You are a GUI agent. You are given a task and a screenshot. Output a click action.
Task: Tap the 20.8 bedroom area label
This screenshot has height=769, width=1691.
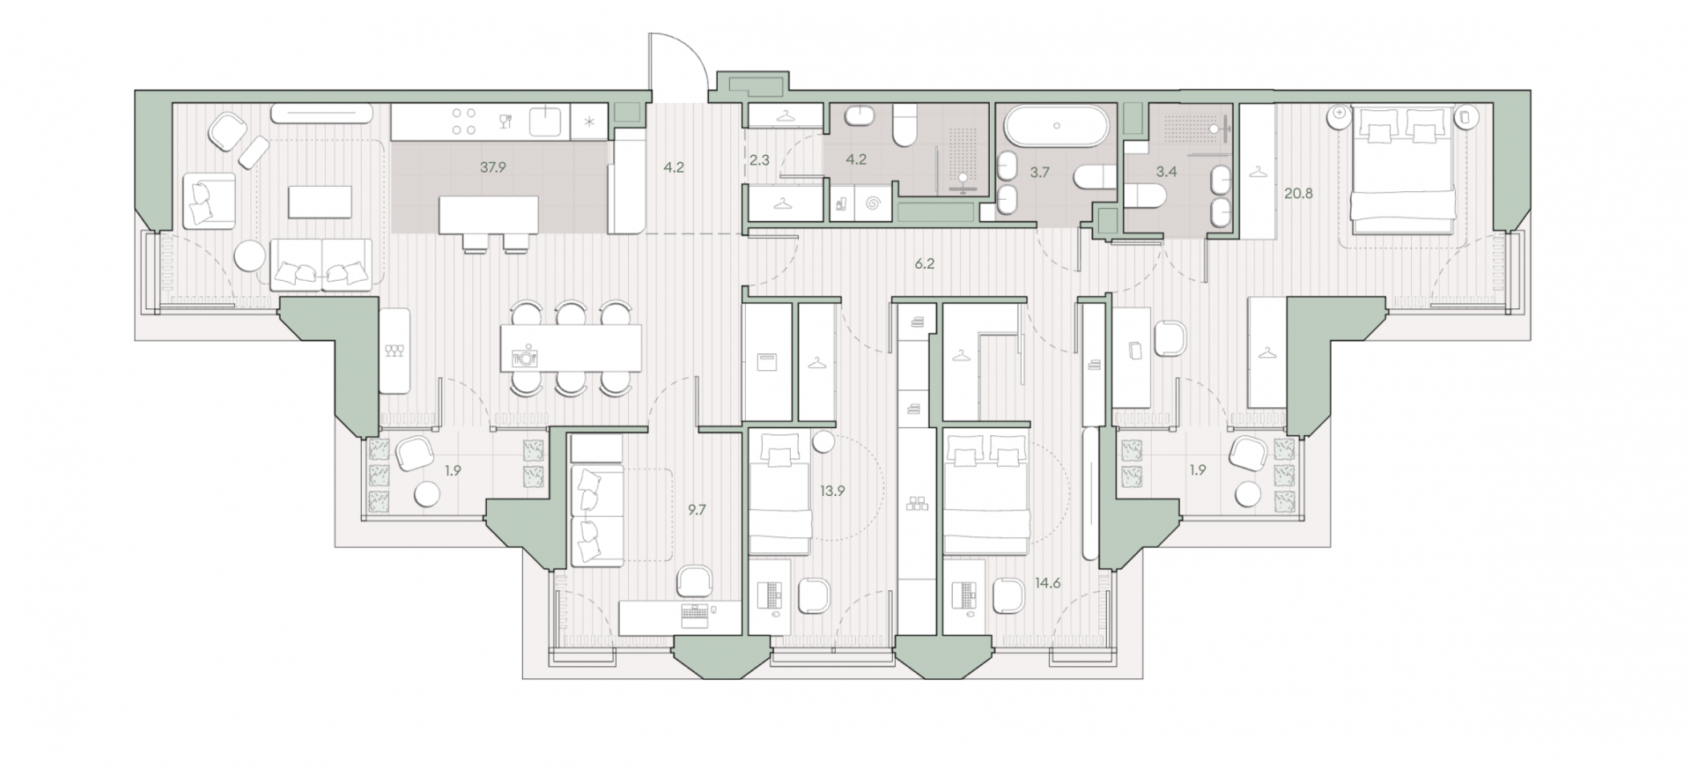(1298, 194)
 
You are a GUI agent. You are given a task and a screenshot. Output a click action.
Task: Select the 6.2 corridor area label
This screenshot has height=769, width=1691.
(924, 263)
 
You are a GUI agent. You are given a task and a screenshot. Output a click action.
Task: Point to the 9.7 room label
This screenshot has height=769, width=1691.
(697, 509)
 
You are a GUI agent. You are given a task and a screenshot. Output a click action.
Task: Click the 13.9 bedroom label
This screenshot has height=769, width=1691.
(832, 492)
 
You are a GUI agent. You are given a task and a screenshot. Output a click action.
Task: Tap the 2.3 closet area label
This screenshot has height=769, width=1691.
(759, 160)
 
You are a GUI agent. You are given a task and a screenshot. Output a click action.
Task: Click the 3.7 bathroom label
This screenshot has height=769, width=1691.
(1040, 173)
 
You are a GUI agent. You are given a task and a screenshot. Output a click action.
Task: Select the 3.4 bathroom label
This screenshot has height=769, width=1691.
(1166, 172)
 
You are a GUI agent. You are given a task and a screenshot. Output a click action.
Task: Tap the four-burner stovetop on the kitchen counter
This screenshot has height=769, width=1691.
(463, 121)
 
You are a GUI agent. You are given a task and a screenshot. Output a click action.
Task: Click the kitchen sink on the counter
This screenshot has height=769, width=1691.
(547, 121)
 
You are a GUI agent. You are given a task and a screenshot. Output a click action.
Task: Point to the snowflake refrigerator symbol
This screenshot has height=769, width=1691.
(589, 122)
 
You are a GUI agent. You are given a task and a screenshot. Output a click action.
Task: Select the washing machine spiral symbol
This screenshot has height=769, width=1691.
(873, 204)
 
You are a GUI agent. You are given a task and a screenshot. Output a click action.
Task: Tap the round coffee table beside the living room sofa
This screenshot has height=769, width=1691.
(250, 257)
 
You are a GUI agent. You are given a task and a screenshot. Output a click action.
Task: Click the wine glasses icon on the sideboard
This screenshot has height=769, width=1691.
(394, 351)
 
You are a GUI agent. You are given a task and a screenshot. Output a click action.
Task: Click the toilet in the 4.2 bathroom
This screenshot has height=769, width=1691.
(905, 125)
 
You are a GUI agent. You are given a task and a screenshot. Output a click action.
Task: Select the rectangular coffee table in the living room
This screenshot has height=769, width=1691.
(320, 202)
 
